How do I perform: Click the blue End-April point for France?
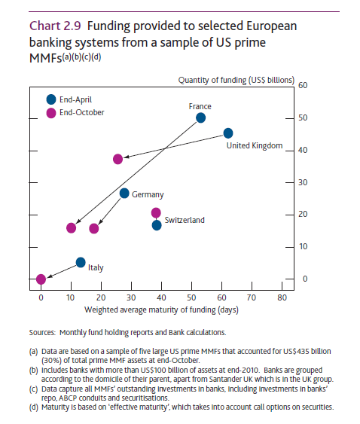[200, 118]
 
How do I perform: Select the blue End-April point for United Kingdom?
[228, 133]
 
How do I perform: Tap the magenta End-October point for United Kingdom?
[118, 159]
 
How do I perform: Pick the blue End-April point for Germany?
[124, 193]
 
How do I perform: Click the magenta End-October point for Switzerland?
[156, 213]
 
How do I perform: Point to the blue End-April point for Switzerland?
[157, 225]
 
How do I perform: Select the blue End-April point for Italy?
[81, 262]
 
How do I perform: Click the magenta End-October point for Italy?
[41, 279]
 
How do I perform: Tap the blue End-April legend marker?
[51, 99]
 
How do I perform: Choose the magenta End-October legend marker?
[51, 113]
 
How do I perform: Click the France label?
[200, 106]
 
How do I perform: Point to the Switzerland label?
[185, 220]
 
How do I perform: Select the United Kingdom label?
[255, 145]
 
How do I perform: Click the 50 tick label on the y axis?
[303, 118]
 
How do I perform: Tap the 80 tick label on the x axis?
[282, 297]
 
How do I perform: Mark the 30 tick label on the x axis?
[131, 297]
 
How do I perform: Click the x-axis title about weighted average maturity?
[161, 310]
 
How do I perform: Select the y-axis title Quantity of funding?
[236, 81]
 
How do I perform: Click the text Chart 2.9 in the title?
[55, 26]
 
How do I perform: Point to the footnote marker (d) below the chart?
[34, 407]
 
